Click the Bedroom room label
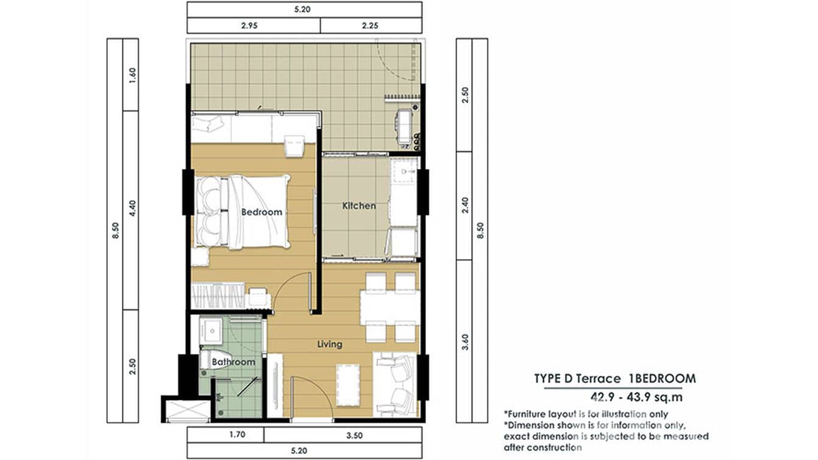[261, 212]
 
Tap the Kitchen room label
[359, 206]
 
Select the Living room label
[330, 344]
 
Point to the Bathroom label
[233, 362]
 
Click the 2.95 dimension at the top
[249, 26]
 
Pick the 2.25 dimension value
[370, 26]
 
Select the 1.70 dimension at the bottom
[237, 434]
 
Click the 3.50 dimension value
[354, 435]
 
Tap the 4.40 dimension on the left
[132, 208]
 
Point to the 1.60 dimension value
[132, 75]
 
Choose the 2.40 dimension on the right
[465, 206]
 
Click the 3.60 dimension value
[465, 342]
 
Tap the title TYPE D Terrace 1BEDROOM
[615, 378]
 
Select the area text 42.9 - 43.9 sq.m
[636, 397]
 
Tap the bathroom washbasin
[211, 330]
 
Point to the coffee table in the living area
[348, 385]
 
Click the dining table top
[389, 307]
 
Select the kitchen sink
[404, 171]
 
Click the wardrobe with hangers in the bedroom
[218, 295]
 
